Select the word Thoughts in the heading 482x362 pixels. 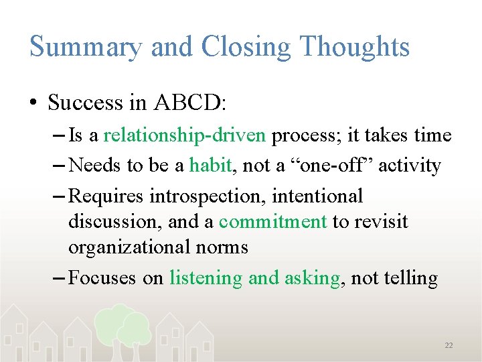click(x=354, y=47)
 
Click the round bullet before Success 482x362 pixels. click(x=33, y=103)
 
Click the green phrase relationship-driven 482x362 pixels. click(x=185, y=136)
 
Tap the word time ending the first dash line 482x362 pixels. click(x=432, y=135)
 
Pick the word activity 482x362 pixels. click(x=410, y=166)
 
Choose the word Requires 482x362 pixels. click(x=106, y=196)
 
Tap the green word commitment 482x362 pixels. click(x=272, y=222)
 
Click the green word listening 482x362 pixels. click(x=206, y=278)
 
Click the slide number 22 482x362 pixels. click(x=449, y=345)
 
